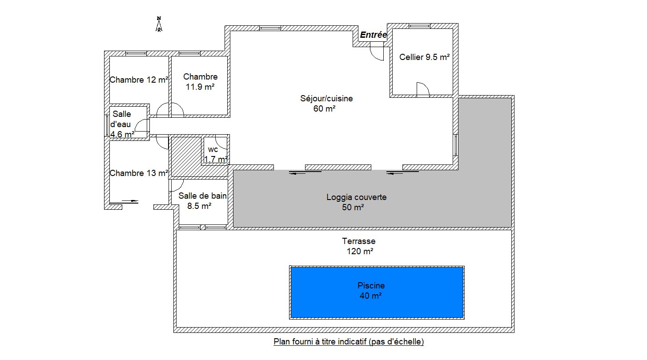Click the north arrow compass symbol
point(159,24)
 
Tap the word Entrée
point(373,35)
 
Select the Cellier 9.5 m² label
point(424,57)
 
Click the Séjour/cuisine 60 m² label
point(326,104)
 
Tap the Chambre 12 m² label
point(139,80)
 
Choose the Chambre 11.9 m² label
point(200,82)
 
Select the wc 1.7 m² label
point(216,155)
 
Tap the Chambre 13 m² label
point(139,173)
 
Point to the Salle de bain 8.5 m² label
point(202,201)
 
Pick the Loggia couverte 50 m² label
point(357,202)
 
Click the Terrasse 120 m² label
point(359,246)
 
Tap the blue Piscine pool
point(377,292)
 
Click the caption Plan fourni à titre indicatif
point(349,342)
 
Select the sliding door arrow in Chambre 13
point(130,201)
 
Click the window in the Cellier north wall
point(419,26)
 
